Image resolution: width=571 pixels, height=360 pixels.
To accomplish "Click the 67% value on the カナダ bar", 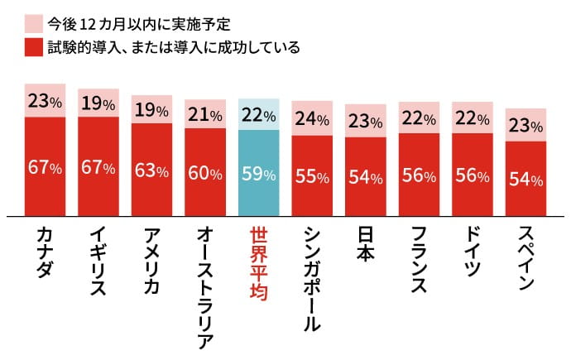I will coord(45,168).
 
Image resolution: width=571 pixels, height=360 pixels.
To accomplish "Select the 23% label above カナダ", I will coord(45,102).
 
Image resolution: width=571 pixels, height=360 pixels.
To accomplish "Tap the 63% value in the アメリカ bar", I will coord(151,171).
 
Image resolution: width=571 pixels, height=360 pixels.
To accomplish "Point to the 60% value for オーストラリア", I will coord(204,174).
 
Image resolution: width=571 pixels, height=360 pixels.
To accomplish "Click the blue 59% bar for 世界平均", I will coord(258,175).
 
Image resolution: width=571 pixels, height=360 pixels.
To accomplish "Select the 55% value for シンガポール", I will coord(312,177).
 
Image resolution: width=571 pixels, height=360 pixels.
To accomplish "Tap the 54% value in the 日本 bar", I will coord(365,178).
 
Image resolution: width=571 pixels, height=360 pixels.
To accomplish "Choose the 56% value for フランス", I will coord(419,176).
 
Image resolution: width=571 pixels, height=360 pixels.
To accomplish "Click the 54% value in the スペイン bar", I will coord(525,180).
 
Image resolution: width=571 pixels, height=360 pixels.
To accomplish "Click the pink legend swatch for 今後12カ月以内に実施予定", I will coord(34,22).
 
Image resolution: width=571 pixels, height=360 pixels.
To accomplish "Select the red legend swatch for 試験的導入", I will coord(34,48).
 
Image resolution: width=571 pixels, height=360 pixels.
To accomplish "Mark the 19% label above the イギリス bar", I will coord(98,103).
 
